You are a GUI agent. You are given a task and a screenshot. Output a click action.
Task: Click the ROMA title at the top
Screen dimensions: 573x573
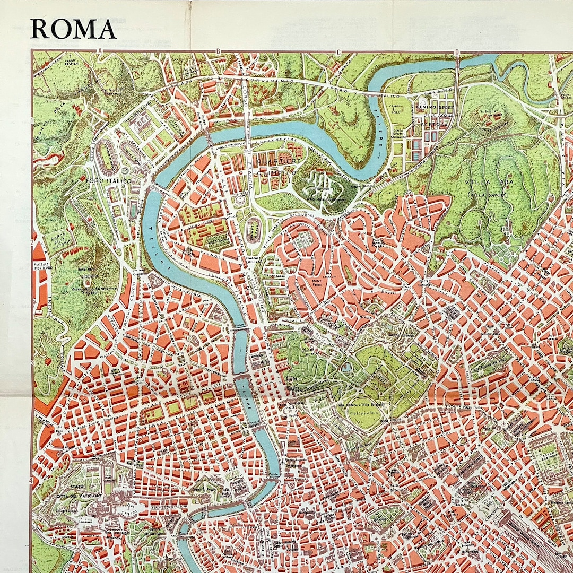coord(73,29)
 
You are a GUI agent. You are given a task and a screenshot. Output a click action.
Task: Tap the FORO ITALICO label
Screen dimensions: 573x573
coord(108,180)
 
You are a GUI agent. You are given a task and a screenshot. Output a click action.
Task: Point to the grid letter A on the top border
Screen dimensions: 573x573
coord(99,51)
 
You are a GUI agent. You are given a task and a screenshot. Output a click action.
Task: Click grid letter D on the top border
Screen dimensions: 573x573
coord(456,51)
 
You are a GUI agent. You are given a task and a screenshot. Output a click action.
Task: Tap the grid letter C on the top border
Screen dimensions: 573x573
coord(337,51)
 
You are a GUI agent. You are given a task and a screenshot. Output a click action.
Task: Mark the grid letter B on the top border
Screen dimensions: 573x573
coord(218,51)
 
